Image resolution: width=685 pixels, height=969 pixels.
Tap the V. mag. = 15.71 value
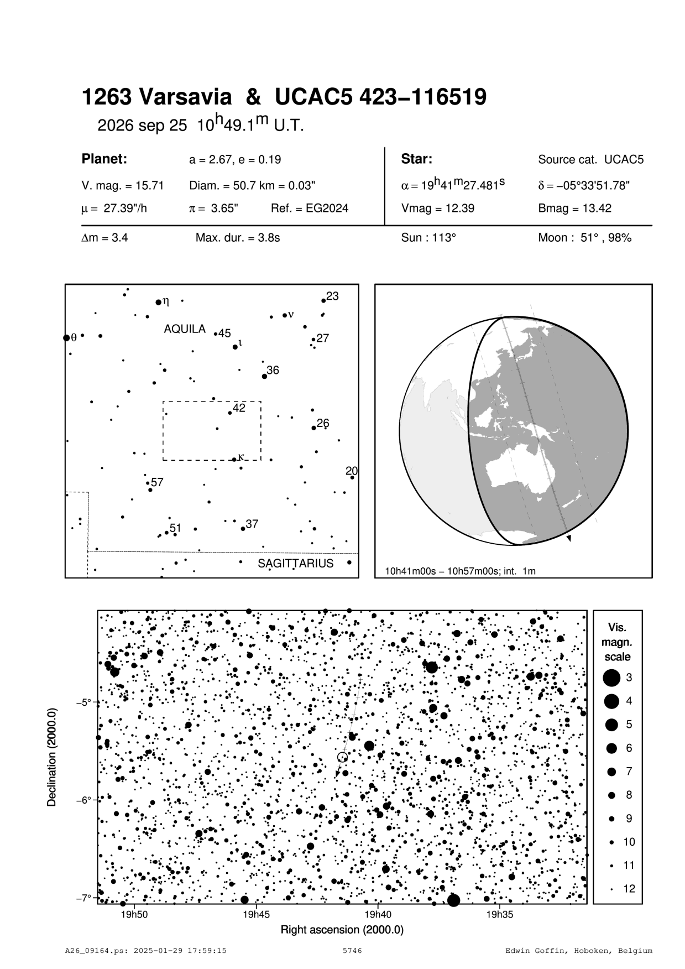tap(122, 185)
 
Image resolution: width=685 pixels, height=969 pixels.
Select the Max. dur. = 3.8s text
tap(237, 238)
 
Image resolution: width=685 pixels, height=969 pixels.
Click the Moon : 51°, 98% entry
tap(584, 238)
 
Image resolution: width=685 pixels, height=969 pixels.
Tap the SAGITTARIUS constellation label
tap(295, 564)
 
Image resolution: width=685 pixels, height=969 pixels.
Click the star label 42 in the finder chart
tap(239, 408)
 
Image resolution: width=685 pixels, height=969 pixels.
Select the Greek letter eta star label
tap(166, 301)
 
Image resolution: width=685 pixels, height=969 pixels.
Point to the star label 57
tap(157, 482)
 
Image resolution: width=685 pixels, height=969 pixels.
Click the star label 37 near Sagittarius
tap(252, 524)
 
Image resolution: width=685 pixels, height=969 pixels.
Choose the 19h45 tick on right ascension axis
tap(257, 915)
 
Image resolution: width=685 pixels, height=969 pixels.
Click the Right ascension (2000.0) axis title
tap(342, 930)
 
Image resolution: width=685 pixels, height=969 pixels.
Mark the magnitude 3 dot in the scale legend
tap(611, 678)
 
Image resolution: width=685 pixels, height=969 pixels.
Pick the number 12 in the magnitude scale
tap(629, 889)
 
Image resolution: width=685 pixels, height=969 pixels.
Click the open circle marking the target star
tap(342, 757)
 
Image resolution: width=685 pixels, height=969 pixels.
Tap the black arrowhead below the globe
tap(569, 538)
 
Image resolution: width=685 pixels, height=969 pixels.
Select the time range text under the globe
tap(461, 571)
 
